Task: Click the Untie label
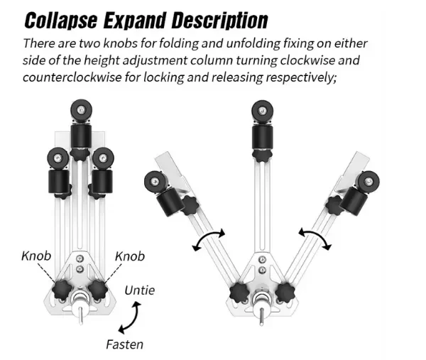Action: (x=139, y=290)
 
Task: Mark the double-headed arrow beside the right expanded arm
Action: (x=315, y=239)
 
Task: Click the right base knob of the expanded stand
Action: (x=288, y=292)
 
